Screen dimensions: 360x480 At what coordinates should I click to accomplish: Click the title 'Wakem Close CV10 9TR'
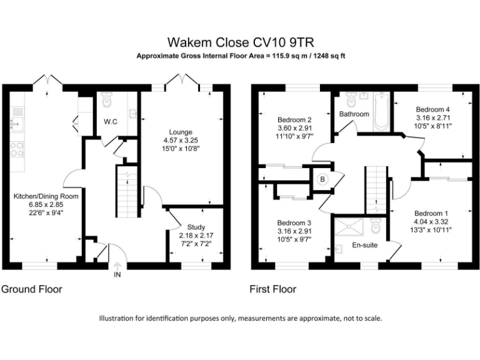[240, 42]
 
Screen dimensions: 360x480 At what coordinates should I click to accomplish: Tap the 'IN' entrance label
[117, 274]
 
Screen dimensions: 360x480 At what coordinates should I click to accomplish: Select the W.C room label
[111, 121]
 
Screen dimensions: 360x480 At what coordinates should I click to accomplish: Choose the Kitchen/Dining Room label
[46, 196]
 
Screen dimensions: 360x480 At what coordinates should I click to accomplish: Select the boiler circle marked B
[322, 179]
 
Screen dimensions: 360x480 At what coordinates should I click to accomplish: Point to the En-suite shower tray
[349, 227]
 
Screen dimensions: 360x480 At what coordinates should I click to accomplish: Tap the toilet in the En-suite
[376, 224]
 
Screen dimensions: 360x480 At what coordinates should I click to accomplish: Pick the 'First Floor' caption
[272, 289]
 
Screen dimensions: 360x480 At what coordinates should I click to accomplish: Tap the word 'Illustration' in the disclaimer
[117, 318]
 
